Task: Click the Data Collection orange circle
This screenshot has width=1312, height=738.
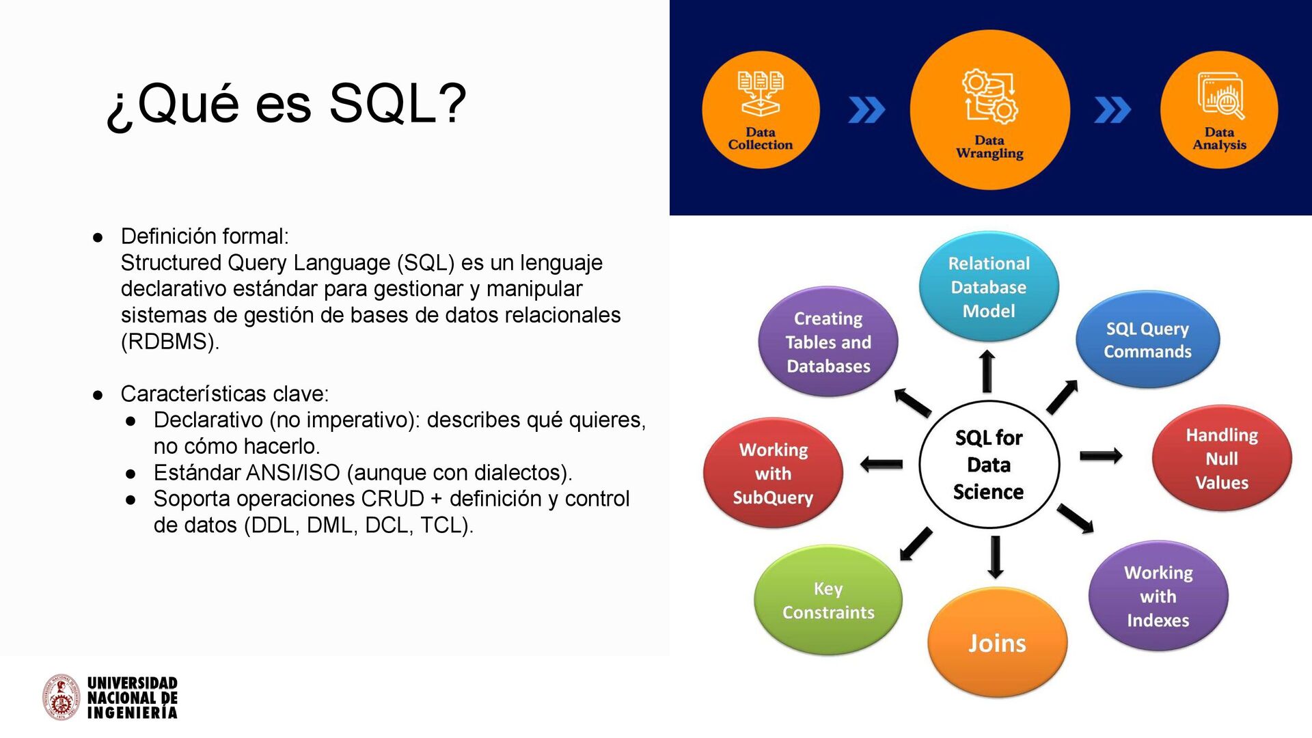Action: (761, 110)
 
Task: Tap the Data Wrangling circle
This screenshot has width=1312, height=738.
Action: (989, 110)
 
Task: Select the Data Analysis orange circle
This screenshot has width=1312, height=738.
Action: (1219, 110)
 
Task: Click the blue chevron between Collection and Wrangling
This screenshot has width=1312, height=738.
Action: (866, 110)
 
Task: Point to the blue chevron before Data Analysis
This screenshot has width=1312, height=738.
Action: (1112, 110)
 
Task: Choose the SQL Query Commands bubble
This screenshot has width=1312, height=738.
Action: (1147, 340)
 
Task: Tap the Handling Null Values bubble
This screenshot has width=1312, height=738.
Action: (1222, 459)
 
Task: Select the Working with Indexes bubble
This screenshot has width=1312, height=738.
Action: (1158, 596)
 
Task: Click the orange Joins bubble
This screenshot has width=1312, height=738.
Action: (997, 642)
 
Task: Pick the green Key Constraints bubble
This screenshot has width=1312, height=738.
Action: (828, 600)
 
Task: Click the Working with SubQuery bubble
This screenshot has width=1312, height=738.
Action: (773, 473)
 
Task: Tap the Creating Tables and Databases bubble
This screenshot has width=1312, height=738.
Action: (828, 342)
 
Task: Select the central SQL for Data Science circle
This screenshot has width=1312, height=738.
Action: (989, 465)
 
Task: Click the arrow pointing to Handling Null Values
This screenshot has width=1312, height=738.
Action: (1100, 456)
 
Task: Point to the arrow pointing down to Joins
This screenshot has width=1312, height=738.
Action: (996, 557)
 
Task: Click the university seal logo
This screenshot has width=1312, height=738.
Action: (61, 698)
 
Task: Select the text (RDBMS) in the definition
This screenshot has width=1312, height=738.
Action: (169, 341)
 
